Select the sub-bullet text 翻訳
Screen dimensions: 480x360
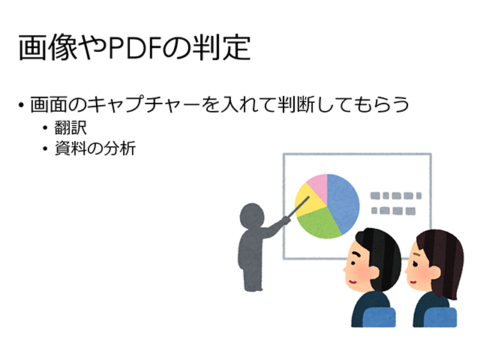[70, 127]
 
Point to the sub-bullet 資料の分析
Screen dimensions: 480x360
[95, 148]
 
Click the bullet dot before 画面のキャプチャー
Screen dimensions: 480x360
[21, 105]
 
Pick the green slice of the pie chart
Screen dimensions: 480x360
[318, 223]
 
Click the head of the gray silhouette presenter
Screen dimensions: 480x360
[252, 215]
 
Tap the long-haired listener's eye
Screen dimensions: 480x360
[415, 264]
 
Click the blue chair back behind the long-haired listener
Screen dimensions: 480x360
[440, 316]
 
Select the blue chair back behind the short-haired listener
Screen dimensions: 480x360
[379, 316]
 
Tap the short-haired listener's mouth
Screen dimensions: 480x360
[352, 282]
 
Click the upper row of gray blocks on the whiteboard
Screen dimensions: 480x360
[396, 196]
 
